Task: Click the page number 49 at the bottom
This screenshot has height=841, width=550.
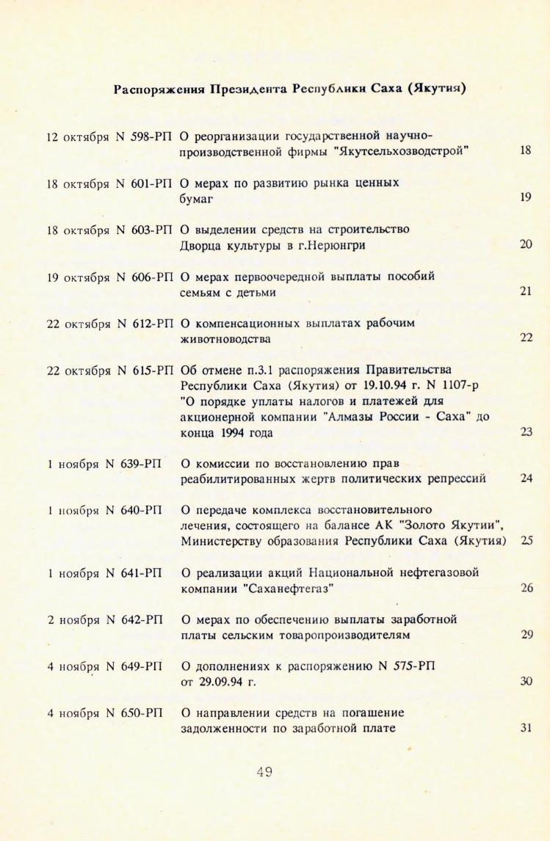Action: pyautogui.click(x=265, y=771)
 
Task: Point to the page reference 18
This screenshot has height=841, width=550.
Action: pyautogui.click(x=525, y=150)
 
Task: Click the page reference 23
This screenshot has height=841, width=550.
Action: pyautogui.click(x=526, y=432)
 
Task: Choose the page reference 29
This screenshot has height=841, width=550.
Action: pyautogui.click(x=526, y=633)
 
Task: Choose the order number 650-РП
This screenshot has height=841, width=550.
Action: pyautogui.click(x=142, y=713)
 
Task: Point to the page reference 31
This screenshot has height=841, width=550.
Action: pyautogui.click(x=526, y=727)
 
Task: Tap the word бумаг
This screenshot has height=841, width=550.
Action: pyautogui.click(x=195, y=197)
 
